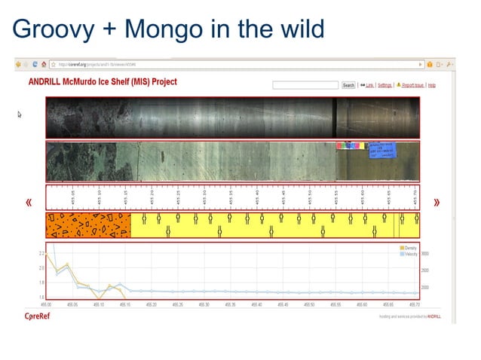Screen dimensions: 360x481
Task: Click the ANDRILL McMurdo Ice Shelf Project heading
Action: pyautogui.click(x=102, y=81)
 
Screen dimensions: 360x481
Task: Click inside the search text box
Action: pyautogui.click(x=306, y=85)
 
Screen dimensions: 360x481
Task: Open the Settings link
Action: pyautogui.click(x=384, y=85)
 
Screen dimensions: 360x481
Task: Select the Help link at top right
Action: pyautogui.click(x=432, y=85)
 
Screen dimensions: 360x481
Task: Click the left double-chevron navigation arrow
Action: pyautogui.click(x=29, y=203)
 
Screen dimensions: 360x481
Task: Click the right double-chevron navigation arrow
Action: pyautogui.click(x=437, y=203)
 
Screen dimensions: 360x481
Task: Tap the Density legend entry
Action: pyautogui.click(x=409, y=248)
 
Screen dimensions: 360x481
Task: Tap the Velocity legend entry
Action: pyautogui.click(x=409, y=254)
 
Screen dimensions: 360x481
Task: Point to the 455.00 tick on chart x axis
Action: pyautogui.click(x=46, y=304)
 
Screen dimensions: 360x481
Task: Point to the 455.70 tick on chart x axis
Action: pyautogui.click(x=414, y=304)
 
